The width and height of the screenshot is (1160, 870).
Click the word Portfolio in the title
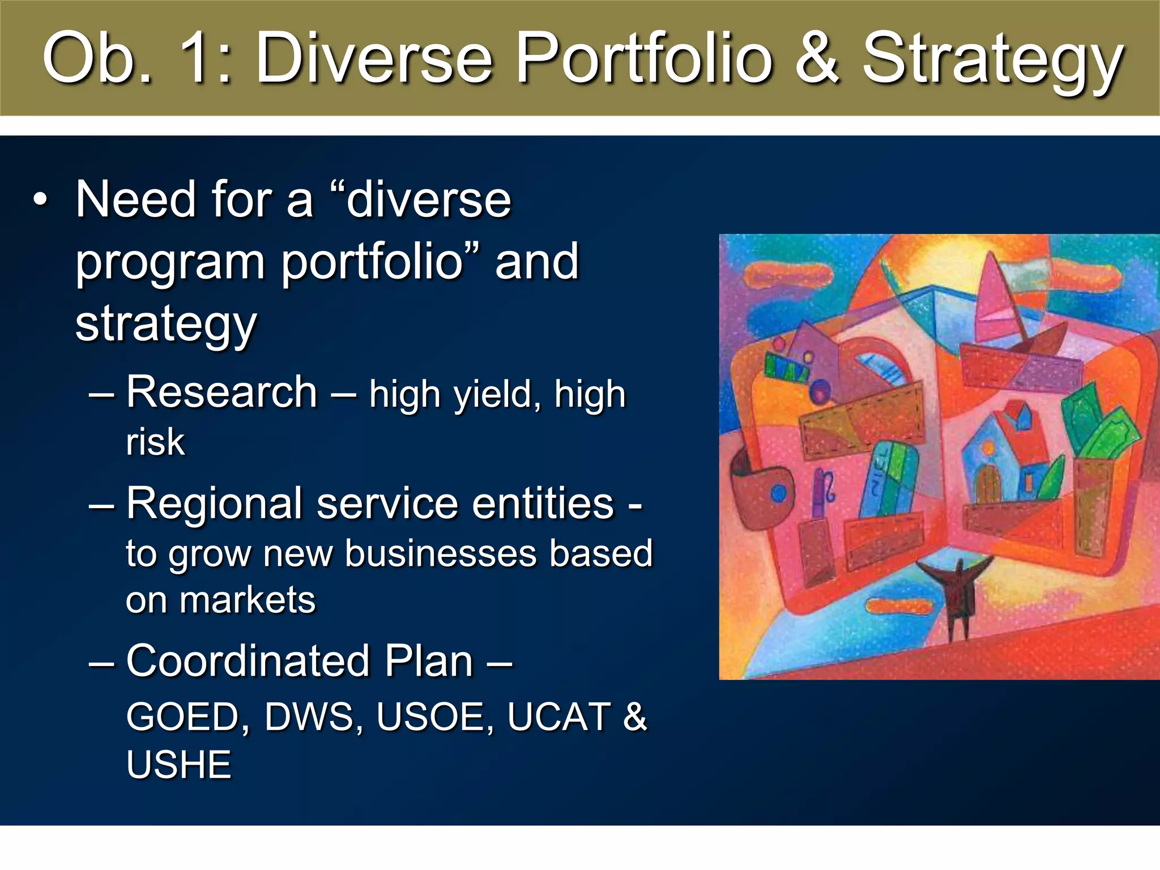[x=645, y=58]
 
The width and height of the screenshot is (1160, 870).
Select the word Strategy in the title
[x=991, y=61]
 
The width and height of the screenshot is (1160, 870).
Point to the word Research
[x=221, y=392]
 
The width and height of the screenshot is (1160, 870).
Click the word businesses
[x=440, y=553]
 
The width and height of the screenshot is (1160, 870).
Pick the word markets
[x=247, y=600]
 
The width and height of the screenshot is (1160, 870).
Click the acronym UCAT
[x=558, y=717]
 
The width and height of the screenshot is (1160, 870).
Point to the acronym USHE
[x=178, y=765]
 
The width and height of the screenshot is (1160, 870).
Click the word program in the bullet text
[x=170, y=262]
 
